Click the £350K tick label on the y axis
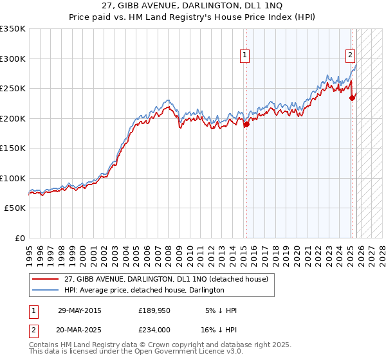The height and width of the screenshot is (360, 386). tap(13, 29)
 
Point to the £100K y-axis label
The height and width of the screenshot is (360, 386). tap(13, 179)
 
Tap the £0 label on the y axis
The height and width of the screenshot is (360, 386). tap(19, 239)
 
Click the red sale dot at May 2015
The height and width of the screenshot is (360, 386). tap(246, 125)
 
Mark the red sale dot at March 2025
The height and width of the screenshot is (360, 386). tap(352, 98)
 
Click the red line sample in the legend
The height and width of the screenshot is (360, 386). tap(46, 279)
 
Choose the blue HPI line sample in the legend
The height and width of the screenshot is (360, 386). tap(46, 290)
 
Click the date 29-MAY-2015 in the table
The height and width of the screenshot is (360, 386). tap(79, 310)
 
